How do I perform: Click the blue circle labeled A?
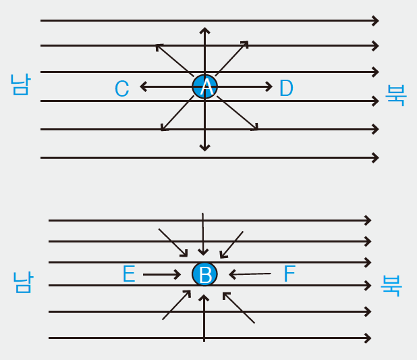click(204, 86)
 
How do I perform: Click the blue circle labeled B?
click(204, 274)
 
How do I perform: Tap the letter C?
click(121, 88)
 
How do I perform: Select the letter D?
click(286, 88)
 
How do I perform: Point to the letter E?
click(129, 274)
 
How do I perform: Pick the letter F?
click(289, 274)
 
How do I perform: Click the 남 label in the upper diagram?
click(20, 84)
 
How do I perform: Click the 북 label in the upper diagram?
click(395, 94)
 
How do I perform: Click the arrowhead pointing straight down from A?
click(204, 147)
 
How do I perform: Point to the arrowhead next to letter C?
click(143, 86)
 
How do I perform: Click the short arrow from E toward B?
click(162, 274)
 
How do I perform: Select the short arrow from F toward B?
click(250, 274)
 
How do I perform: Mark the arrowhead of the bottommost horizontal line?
click(368, 338)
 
